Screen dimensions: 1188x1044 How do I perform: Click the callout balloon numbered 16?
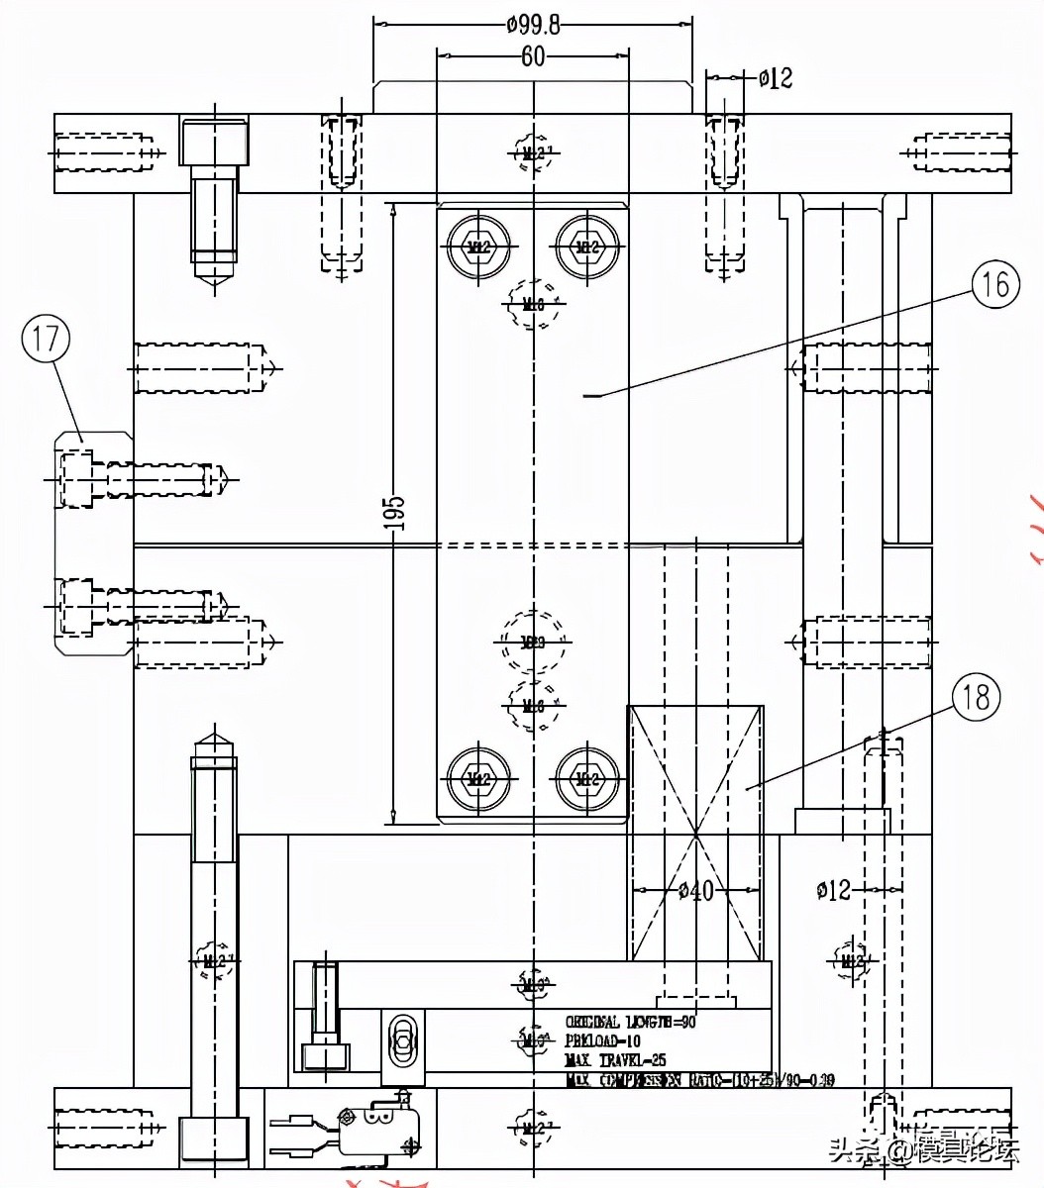coord(994,285)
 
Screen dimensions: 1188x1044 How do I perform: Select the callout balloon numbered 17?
coord(47,340)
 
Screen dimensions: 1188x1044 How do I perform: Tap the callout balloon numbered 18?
coord(977,697)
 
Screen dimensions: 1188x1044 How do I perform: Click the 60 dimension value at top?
coord(533,57)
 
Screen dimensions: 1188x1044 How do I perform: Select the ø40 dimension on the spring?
coord(696,891)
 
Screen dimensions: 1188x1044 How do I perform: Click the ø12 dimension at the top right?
coord(776,77)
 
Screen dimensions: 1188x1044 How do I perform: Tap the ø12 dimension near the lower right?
coord(833,890)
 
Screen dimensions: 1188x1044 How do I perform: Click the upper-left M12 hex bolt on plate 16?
coord(480,245)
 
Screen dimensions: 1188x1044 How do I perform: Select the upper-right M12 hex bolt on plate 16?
coord(587,245)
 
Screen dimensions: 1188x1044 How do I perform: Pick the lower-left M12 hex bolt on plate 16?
coord(480,778)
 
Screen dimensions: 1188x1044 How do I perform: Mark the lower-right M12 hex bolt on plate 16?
coord(587,778)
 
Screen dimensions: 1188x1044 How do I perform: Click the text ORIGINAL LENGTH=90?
coord(630,1022)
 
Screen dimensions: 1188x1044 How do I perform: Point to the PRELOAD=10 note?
coord(602,1040)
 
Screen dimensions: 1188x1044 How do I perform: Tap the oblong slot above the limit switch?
coord(402,1039)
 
